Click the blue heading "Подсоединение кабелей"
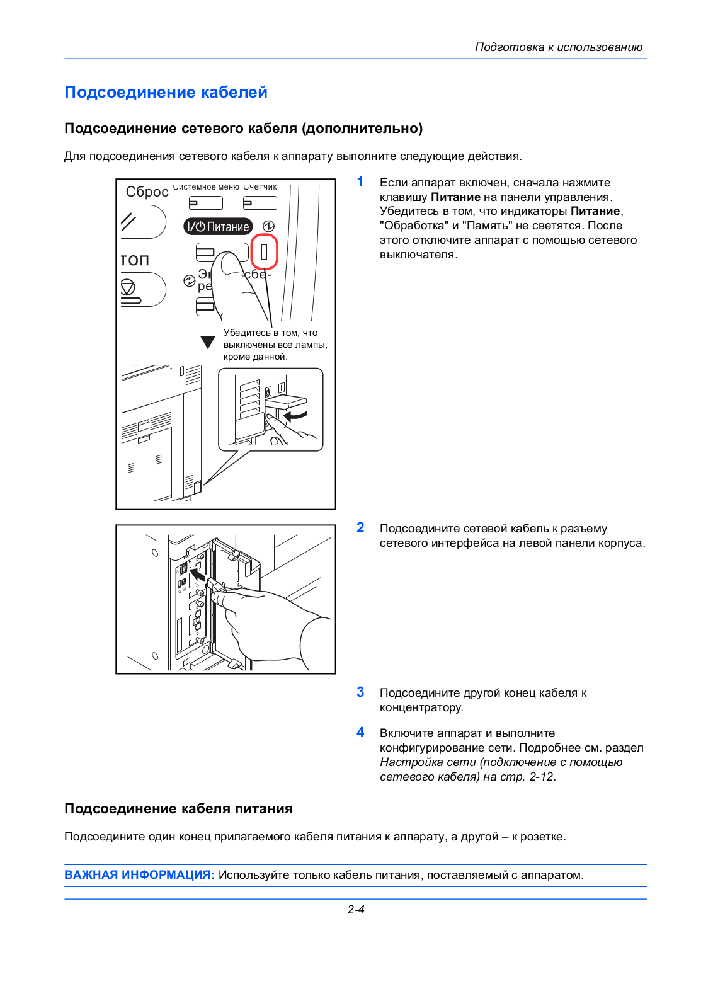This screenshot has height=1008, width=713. coord(166,92)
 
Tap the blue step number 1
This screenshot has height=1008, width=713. coord(360,182)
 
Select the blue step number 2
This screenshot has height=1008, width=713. coord(360,527)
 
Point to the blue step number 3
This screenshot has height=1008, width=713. coord(360,692)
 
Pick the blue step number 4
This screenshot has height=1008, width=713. coord(360,732)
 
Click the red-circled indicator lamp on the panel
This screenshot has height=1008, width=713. coord(264,251)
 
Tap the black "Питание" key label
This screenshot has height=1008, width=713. coord(218,226)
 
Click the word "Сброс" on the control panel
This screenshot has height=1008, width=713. coord(147,192)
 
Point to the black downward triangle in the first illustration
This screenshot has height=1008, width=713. coord(207,343)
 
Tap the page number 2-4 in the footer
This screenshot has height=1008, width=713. coord(356,910)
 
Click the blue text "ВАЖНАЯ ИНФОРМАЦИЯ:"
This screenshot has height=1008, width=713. coord(139,875)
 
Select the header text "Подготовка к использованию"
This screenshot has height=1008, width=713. coord(559,47)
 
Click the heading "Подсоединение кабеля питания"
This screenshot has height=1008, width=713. coord(179,809)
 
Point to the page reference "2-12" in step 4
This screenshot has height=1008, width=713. coord(540,777)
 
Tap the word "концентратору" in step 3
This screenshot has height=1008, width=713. coord(421,707)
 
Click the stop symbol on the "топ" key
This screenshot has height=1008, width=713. coord(128,287)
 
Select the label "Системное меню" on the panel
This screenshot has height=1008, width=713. coord(206,186)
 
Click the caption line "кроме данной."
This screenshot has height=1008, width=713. coord(256,357)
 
